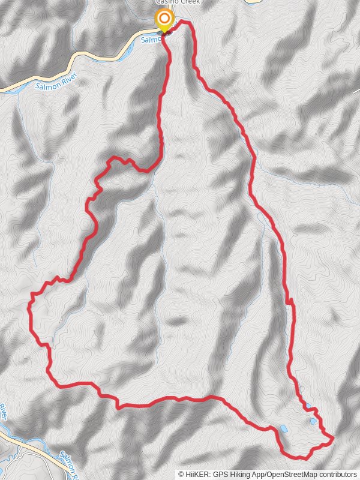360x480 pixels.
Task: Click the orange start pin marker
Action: pyautogui.click(x=163, y=19)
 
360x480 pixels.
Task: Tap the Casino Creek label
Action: pyautogui.click(x=178, y=2)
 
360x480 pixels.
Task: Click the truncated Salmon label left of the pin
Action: pyautogui.click(x=151, y=39)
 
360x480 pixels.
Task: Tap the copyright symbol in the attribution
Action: pyautogui.click(x=181, y=475)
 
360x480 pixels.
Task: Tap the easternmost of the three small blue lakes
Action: pyautogui.click(x=313, y=421)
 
